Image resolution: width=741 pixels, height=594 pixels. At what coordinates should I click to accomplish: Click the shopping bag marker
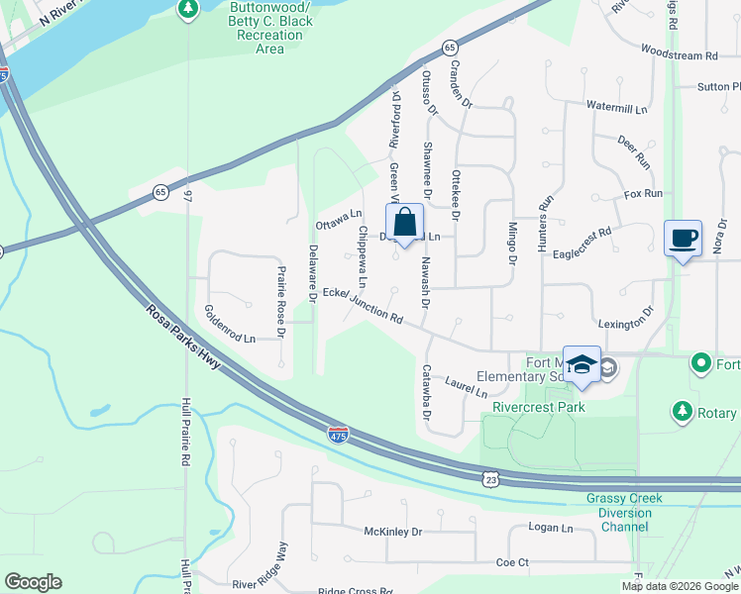[404, 221]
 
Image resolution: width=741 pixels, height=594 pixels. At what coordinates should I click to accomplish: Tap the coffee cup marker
[683, 239]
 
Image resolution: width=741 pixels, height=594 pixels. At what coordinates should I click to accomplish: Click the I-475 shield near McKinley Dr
[339, 434]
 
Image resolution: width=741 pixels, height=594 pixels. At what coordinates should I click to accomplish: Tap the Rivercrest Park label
[532, 407]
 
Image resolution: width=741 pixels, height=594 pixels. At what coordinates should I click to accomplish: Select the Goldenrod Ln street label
[230, 324]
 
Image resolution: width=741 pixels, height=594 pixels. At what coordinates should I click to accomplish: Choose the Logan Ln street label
[551, 529]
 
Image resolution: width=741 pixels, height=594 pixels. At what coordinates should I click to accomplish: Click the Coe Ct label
[513, 562]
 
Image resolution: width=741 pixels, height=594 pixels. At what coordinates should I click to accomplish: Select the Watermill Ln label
[616, 106]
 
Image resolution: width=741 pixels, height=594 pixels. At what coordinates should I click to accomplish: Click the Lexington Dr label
[626, 324]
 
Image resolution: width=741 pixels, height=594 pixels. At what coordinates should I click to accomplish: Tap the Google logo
[33, 582]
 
